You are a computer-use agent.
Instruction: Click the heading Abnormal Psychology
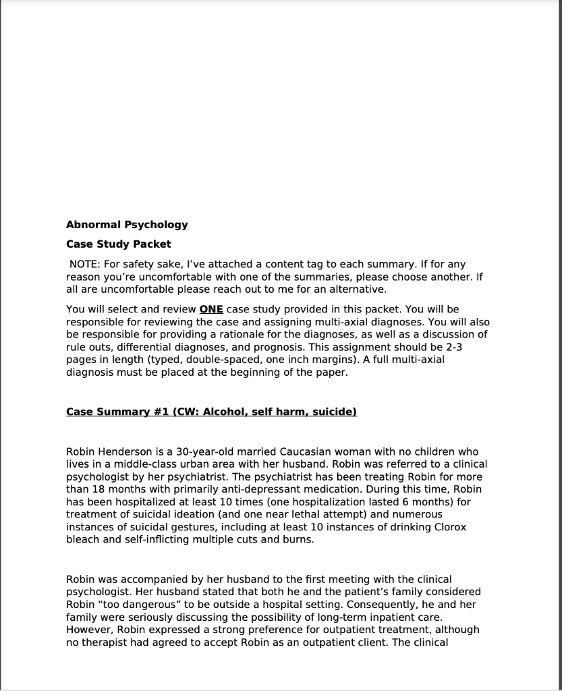click(127, 225)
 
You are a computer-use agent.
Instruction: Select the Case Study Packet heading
click(118, 244)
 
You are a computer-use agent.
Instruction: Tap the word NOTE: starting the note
click(85, 264)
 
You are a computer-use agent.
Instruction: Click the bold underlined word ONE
click(212, 310)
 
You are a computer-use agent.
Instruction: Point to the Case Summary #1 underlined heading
click(211, 412)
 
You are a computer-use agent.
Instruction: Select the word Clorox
click(449, 527)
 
